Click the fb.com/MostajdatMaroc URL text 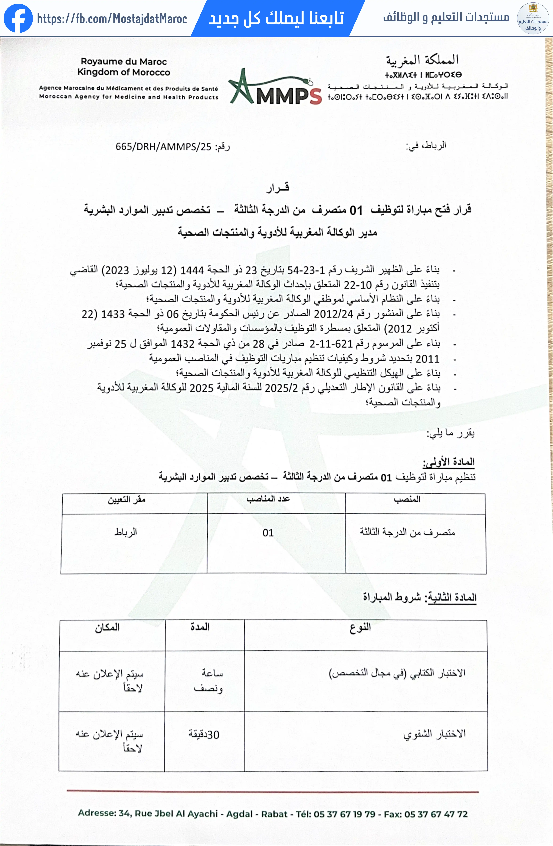tap(112, 18)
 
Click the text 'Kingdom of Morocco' tap(124, 72)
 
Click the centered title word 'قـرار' tap(277, 188)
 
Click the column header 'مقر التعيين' tap(127, 500)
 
